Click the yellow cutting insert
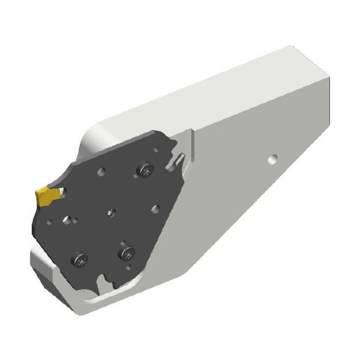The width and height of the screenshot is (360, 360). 46,196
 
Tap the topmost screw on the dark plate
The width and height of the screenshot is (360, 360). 144,170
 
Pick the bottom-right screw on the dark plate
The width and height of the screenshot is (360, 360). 127,254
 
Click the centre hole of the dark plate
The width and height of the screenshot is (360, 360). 111,212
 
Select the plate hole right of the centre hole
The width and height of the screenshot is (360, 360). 155,208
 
